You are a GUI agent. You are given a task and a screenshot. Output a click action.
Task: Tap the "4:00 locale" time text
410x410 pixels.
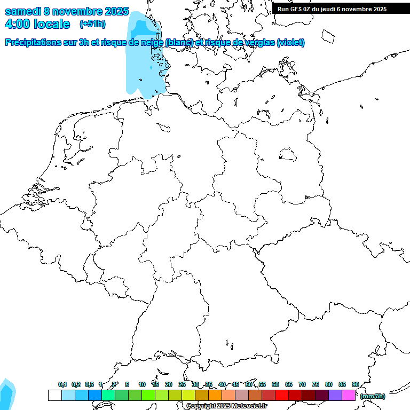(37, 24)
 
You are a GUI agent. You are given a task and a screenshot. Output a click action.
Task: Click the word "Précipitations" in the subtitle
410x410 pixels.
(37, 42)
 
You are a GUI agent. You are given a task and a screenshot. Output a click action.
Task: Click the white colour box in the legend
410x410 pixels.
(54, 395)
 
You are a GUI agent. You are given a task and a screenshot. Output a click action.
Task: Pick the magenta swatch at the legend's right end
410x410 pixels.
(349, 395)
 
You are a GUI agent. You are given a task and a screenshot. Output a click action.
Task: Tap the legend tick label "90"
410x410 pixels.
(355, 384)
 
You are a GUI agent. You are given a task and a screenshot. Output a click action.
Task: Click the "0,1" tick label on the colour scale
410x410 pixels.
(62, 384)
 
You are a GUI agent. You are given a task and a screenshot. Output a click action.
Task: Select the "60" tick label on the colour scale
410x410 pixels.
(275, 384)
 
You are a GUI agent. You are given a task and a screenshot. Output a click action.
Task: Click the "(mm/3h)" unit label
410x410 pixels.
(373, 396)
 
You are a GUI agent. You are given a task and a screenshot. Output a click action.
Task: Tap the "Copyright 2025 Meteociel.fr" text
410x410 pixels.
(226, 406)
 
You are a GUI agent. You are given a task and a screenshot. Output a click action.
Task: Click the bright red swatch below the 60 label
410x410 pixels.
(282, 395)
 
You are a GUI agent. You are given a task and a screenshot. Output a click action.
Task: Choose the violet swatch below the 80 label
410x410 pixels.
(335, 395)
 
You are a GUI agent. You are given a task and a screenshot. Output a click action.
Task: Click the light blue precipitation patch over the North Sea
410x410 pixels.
(141, 59)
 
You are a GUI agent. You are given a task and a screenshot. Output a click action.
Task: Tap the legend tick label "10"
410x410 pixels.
(141, 384)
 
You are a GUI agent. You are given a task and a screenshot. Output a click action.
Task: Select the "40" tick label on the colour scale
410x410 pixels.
(222, 384)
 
